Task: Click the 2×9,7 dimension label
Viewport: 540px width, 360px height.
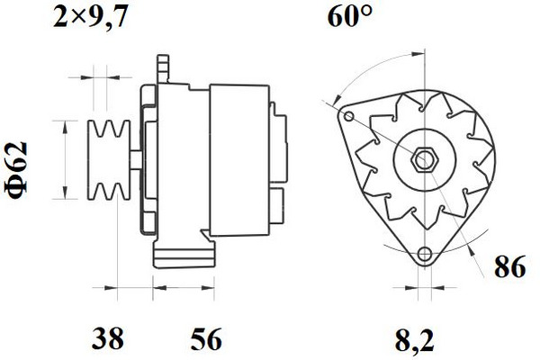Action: pyautogui.click(x=90, y=18)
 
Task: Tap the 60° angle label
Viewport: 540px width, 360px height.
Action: pyautogui.click(x=350, y=16)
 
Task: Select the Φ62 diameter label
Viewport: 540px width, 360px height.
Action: pyautogui.click(x=16, y=170)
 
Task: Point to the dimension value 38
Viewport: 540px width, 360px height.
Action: pyautogui.click(x=107, y=338)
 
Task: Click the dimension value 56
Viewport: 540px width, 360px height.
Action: pyautogui.click(x=207, y=339)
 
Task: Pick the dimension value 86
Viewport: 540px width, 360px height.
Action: pyautogui.click(x=510, y=266)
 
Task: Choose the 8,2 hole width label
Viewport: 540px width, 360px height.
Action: pyautogui.click(x=414, y=340)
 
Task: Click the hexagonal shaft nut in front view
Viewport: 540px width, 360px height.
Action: pyautogui.click(x=424, y=160)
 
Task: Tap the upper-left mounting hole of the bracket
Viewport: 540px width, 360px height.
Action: pyautogui.click(x=349, y=116)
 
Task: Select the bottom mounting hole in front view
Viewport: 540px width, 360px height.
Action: pyautogui.click(x=424, y=255)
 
